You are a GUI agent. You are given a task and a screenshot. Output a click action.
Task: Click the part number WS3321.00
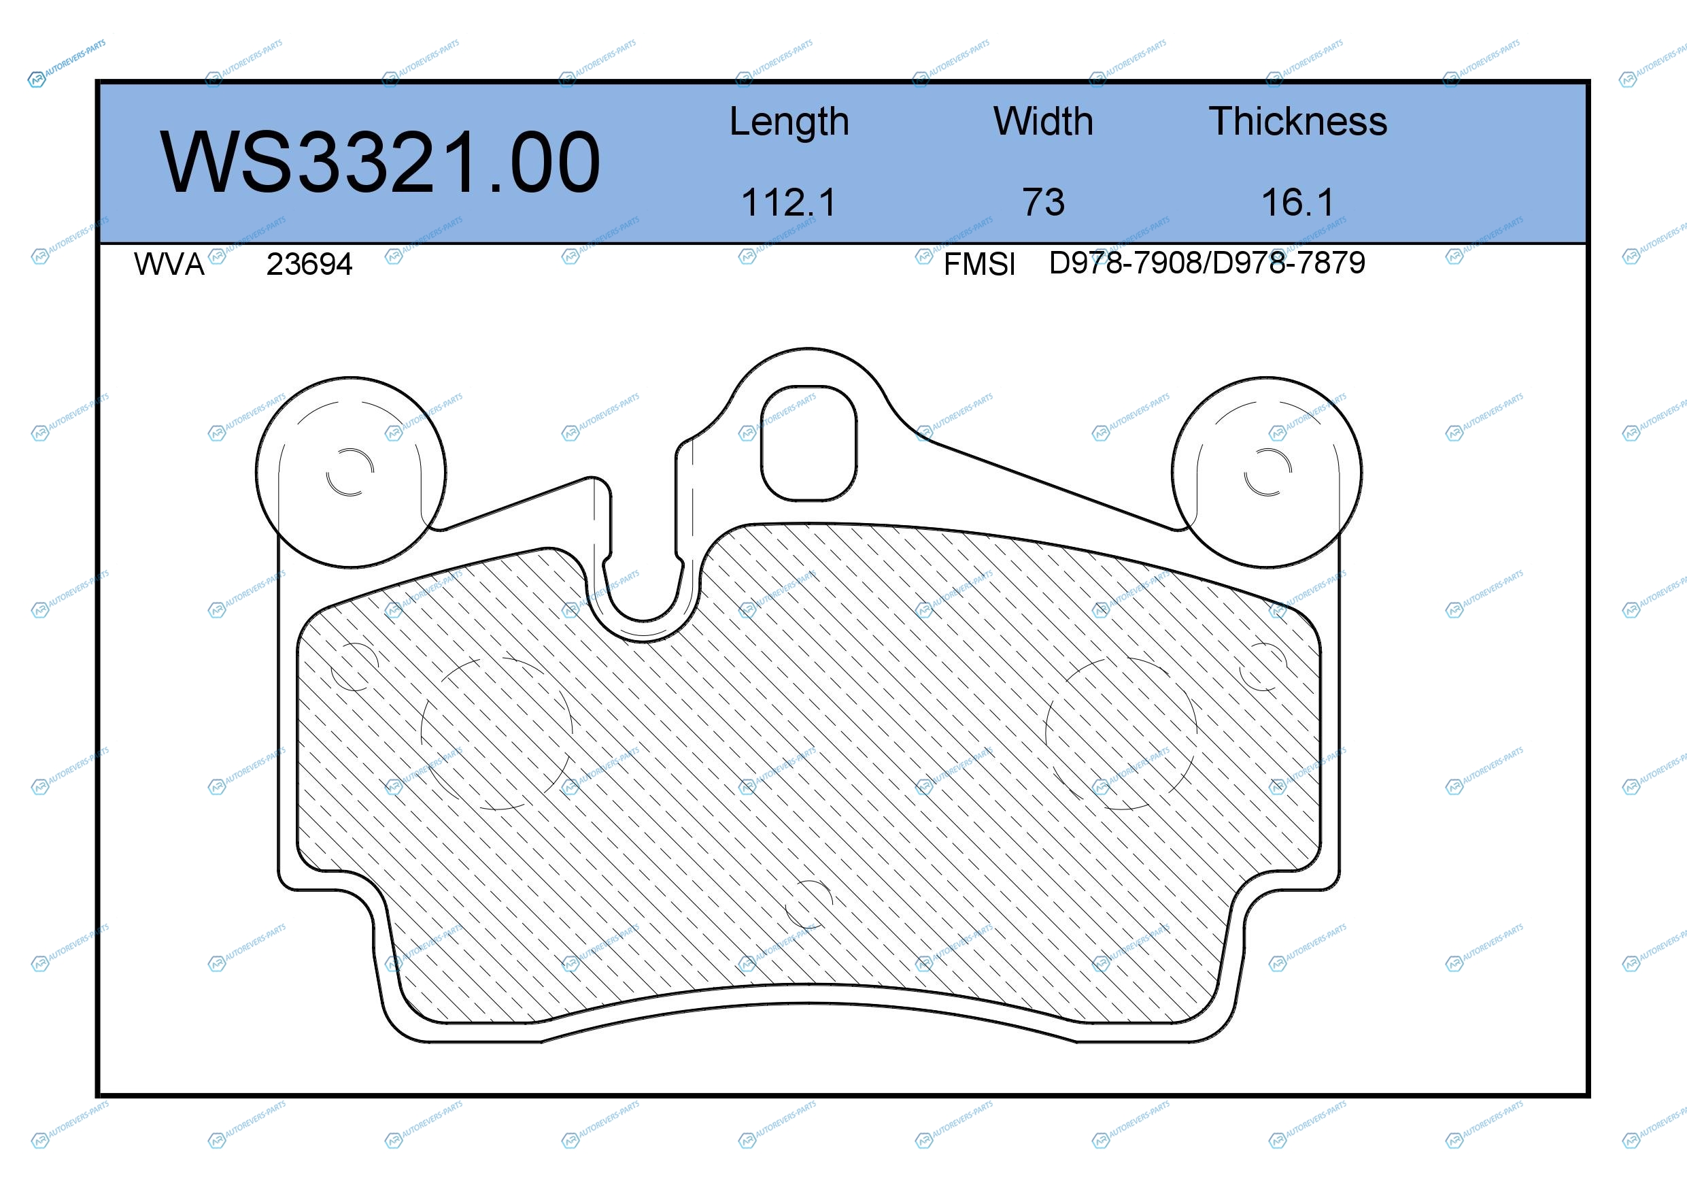point(380,163)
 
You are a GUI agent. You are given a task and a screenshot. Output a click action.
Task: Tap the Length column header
point(789,122)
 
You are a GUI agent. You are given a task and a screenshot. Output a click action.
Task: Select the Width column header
point(1043,121)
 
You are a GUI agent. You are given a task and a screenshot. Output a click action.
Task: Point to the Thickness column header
point(1297,121)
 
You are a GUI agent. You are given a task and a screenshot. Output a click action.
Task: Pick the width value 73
point(1043,202)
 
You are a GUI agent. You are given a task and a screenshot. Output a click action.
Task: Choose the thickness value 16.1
point(1297,202)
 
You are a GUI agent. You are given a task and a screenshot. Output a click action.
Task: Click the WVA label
point(169,265)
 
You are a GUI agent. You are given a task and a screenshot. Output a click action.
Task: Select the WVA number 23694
point(309,265)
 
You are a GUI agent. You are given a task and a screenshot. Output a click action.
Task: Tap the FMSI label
point(978,265)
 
